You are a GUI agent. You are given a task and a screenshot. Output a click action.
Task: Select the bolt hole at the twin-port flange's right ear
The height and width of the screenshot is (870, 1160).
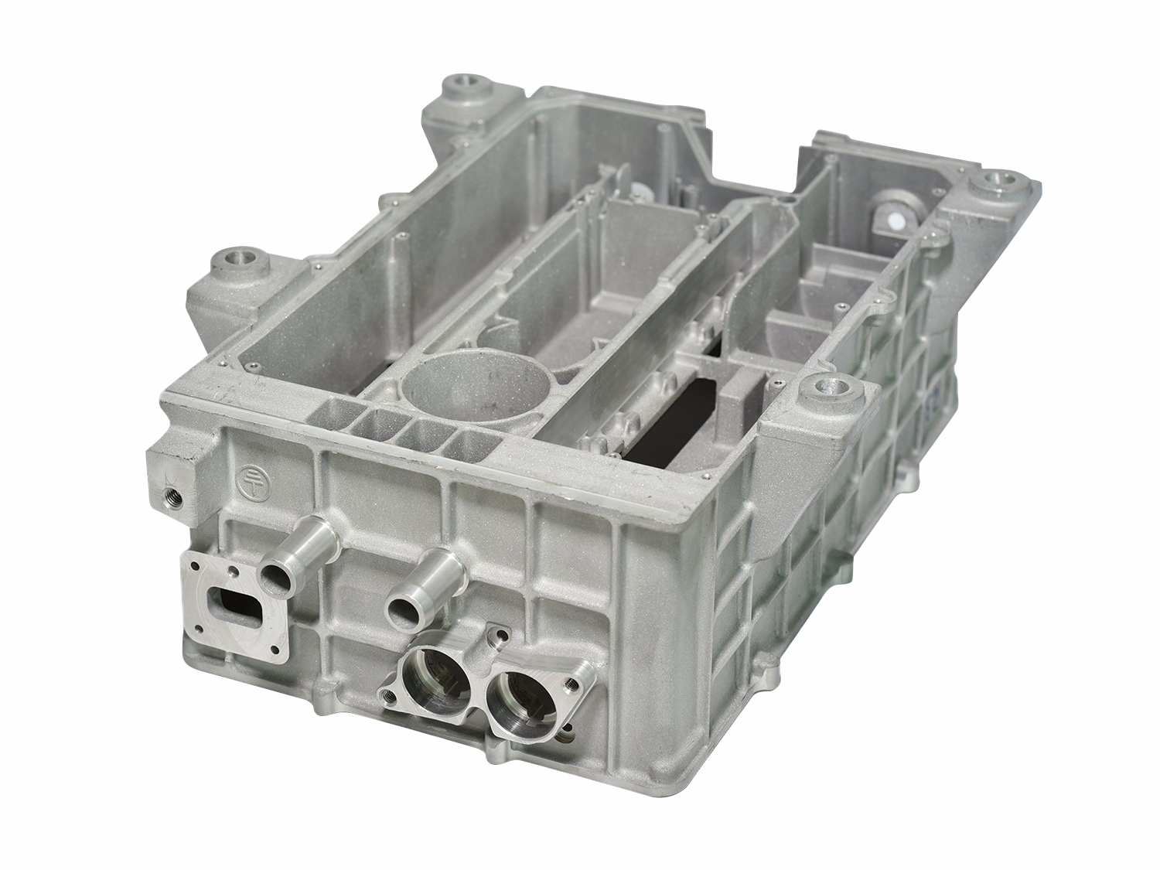pos(572,684)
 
